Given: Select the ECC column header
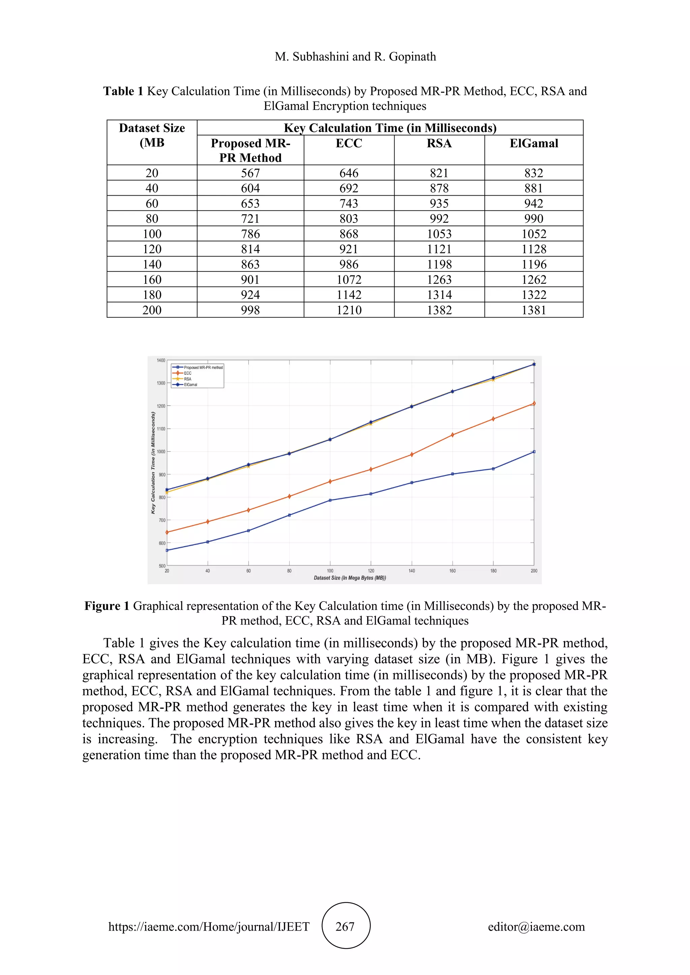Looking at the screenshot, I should click(x=349, y=143).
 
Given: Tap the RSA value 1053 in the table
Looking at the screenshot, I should click(x=439, y=234).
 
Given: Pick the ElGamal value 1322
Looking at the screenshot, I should click(x=534, y=295).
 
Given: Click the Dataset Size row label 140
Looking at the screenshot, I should click(x=152, y=264).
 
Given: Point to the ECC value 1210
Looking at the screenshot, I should click(x=349, y=310).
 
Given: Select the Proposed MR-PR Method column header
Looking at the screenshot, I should click(x=250, y=150).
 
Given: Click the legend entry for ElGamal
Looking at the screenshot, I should click(x=190, y=385).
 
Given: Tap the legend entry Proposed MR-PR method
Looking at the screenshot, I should click(x=203, y=367).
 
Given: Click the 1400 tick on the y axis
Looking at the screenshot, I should click(x=161, y=361).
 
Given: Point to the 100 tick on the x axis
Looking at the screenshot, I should click(x=330, y=571).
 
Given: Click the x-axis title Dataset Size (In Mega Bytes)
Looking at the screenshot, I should click(x=350, y=578).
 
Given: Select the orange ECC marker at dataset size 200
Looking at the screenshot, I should click(x=534, y=403).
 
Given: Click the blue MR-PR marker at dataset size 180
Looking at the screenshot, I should click(x=493, y=469).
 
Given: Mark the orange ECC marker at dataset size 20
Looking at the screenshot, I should click(x=167, y=532).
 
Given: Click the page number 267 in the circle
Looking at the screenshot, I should click(x=345, y=927).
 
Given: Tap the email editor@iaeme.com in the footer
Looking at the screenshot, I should click(x=536, y=927).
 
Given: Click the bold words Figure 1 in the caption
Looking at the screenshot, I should click(x=107, y=606).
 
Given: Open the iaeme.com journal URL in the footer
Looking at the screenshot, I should click(x=209, y=927).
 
